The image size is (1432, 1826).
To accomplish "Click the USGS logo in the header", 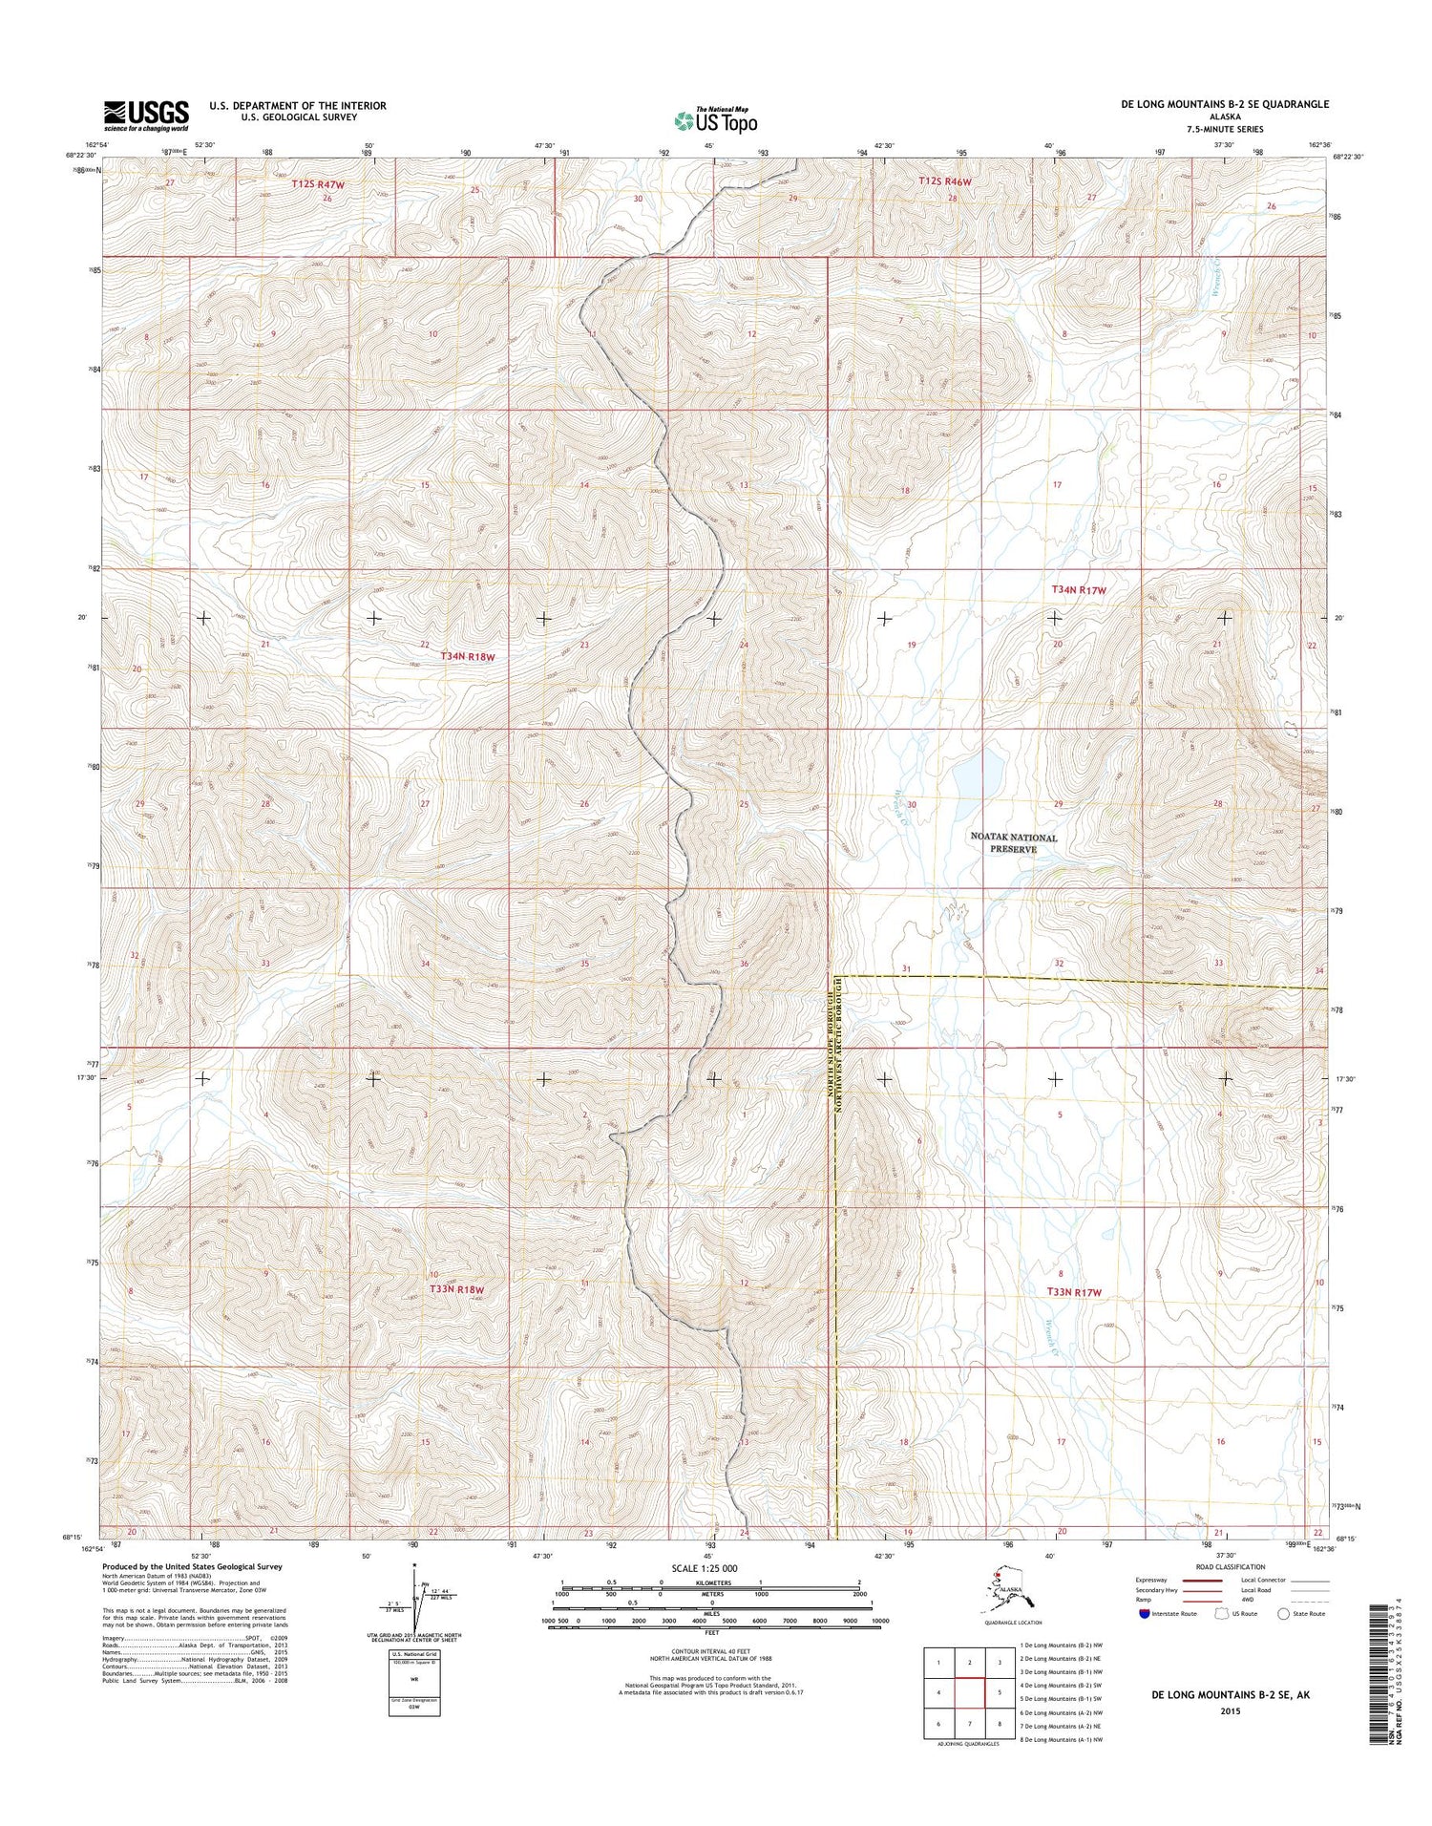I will click(145, 116).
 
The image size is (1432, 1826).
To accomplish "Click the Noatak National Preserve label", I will click(1013, 842).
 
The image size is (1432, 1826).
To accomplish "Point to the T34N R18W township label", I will click(468, 656).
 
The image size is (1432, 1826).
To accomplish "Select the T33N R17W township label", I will click(1074, 1292).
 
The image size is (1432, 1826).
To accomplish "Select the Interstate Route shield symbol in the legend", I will click(1145, 1613).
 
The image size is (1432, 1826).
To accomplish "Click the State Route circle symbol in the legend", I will click(1284, 1613).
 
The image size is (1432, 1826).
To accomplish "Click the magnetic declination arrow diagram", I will click(415, 1600).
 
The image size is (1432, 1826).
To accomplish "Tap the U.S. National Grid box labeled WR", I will click(415, 1674).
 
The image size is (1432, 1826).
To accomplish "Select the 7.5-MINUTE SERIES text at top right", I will click(1224, 129).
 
